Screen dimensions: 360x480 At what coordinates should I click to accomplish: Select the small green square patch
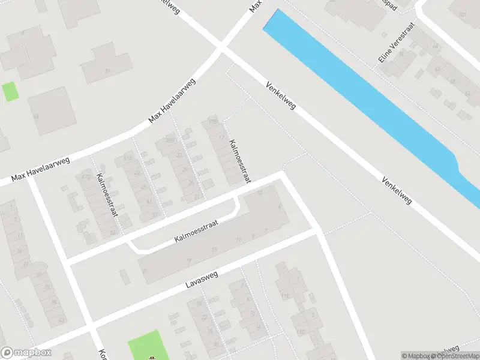pos(10,91)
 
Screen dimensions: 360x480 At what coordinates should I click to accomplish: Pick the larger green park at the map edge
pos(144,345)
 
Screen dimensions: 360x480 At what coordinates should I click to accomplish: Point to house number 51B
pos(128,158)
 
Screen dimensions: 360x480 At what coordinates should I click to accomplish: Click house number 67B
pos(85,178)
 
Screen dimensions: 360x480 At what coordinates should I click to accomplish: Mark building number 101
pos(461,14)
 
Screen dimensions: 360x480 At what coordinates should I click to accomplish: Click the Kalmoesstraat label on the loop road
pos(195,231)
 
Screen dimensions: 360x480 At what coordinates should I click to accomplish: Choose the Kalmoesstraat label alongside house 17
pos(240,161)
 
